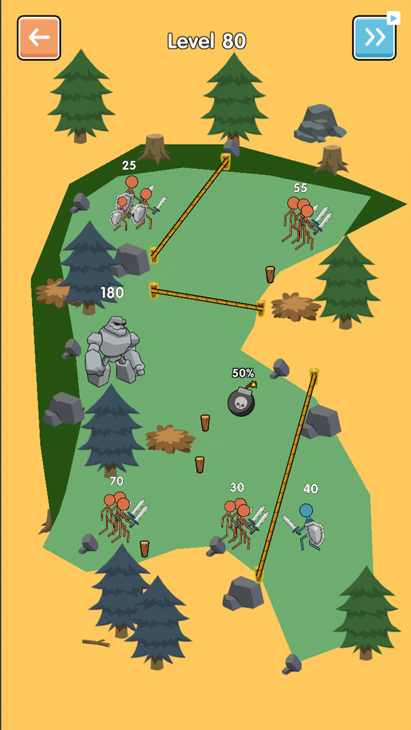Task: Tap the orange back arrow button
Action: (x=39, y=38)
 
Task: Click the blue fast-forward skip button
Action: (x=374, y=38)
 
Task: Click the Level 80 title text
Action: (x=207, y=41)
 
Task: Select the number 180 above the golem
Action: (x=112, y=293)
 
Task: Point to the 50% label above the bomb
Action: (x=243, y=373)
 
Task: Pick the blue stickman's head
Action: (x=306, y=511)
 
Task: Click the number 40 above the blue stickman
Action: (x=311, y=488)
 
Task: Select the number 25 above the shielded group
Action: (x=129, y=165)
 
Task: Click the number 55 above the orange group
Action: (x=300, y=188)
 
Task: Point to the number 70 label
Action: (x=116, y=481)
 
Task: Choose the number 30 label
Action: (x=237, y=487)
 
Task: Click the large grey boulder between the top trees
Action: (x=319, y=124)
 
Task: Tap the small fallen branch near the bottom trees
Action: (x=96, y=643)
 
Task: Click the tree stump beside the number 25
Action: (x=154, y=148)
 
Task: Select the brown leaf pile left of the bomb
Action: (x=170, y=439)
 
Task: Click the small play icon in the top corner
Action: (x=393, y=18)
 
